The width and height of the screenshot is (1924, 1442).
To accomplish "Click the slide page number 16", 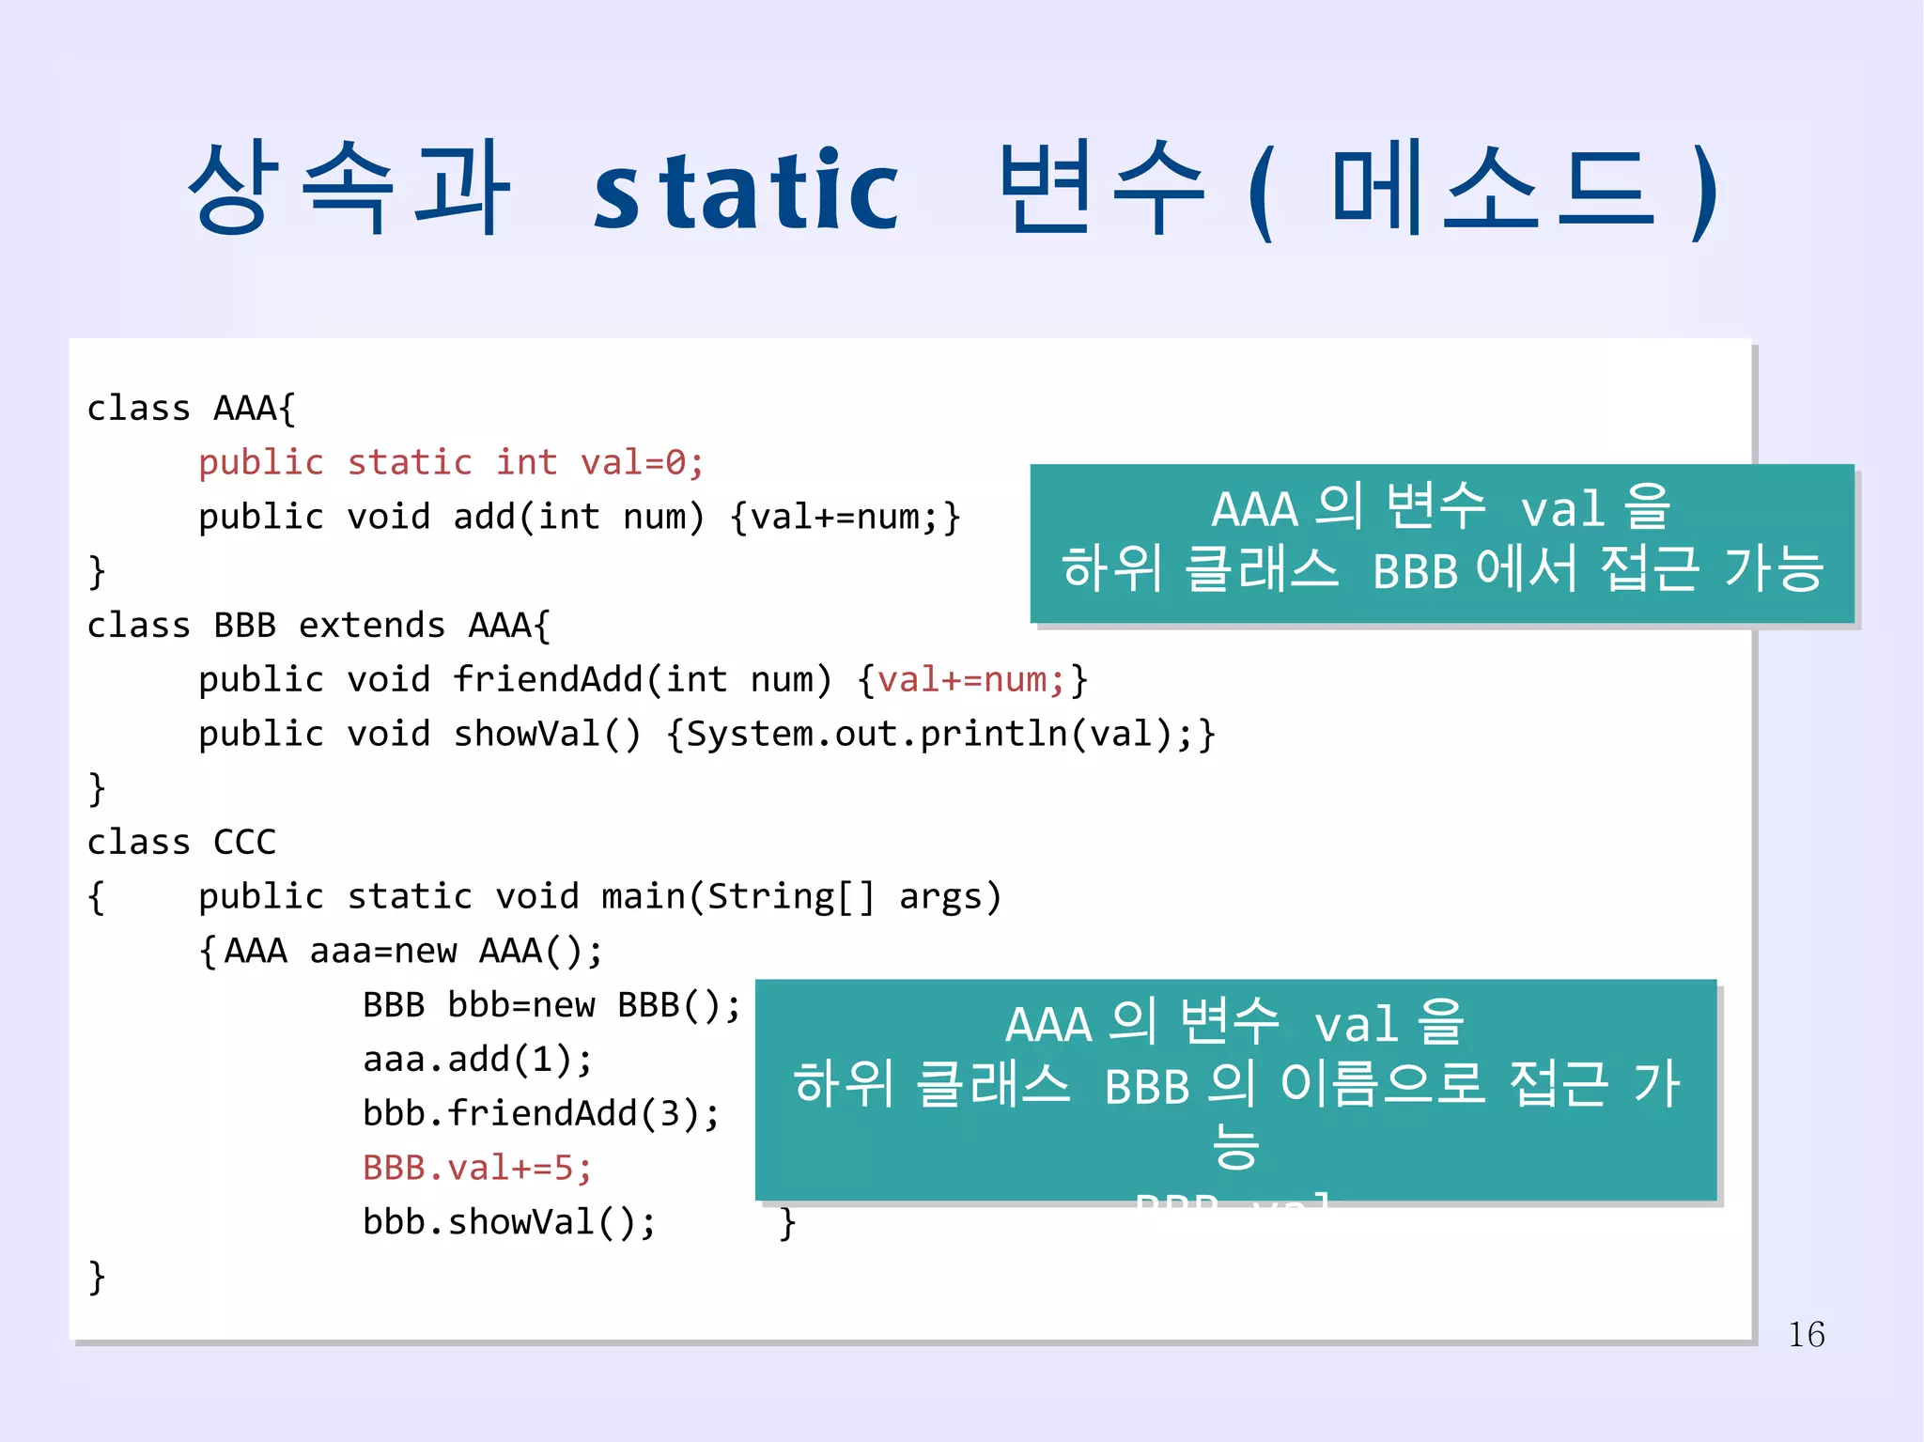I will [1806, 1335].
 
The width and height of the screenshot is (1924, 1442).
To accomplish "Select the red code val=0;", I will [642, 463].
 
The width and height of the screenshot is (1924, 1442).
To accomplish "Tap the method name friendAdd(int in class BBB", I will [590, 679].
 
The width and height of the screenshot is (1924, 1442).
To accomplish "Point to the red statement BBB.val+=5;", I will [477, 1168].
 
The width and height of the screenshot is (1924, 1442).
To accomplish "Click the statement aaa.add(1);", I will [477, 1060].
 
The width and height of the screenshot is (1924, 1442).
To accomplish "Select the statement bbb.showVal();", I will [509, 1222].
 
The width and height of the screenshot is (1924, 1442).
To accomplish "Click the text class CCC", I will [181, 843].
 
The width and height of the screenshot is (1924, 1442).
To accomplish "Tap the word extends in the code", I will [372, 626].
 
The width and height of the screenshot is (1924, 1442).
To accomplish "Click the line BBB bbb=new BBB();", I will [551, 1005].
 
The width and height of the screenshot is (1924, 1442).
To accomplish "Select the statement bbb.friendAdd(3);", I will [541, 1114].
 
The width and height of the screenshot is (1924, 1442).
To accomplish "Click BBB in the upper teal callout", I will [1415, 571].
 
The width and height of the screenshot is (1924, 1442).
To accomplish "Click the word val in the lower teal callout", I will [1356, 1024].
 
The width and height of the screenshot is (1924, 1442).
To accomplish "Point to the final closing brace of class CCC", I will [96, 1277].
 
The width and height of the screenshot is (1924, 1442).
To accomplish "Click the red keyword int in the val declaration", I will [526, 463].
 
